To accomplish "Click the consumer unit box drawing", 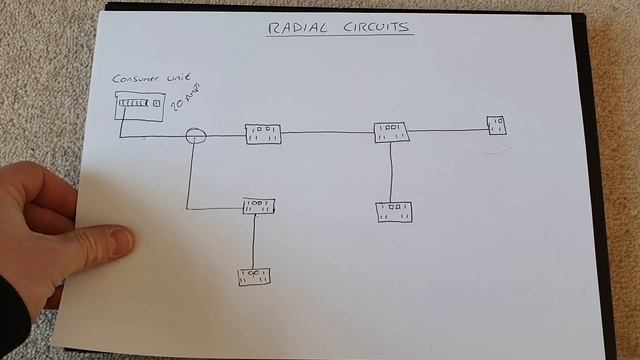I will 139,105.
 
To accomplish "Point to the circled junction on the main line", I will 196,134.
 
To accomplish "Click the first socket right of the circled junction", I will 263,134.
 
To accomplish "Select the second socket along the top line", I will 391,132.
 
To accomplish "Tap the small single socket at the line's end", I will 496,125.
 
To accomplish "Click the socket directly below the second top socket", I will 393,211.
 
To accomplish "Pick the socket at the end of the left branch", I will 258,206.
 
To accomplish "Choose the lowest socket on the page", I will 253,276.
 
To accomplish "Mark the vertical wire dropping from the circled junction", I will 187,175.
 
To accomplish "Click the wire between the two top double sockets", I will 327,132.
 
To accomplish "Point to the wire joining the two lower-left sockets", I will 254,240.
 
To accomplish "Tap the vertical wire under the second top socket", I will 391,172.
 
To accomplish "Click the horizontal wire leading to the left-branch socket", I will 215,208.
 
